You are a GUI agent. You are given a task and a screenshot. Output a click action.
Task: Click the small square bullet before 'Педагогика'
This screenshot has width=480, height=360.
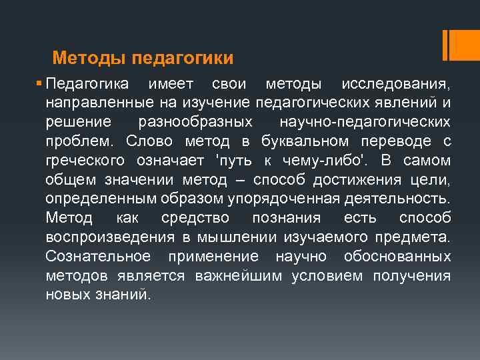[40, 84]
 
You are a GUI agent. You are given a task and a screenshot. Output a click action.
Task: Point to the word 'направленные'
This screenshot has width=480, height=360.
[99, 103]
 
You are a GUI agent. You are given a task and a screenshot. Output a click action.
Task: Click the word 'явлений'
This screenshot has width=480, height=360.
[414, 103]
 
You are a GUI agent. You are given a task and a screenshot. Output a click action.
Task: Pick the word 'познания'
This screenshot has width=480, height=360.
[286, 218]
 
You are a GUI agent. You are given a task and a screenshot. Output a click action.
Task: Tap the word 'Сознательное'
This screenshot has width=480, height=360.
[98, 257]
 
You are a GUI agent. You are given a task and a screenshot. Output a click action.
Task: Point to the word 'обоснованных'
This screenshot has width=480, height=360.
[397, 257]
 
